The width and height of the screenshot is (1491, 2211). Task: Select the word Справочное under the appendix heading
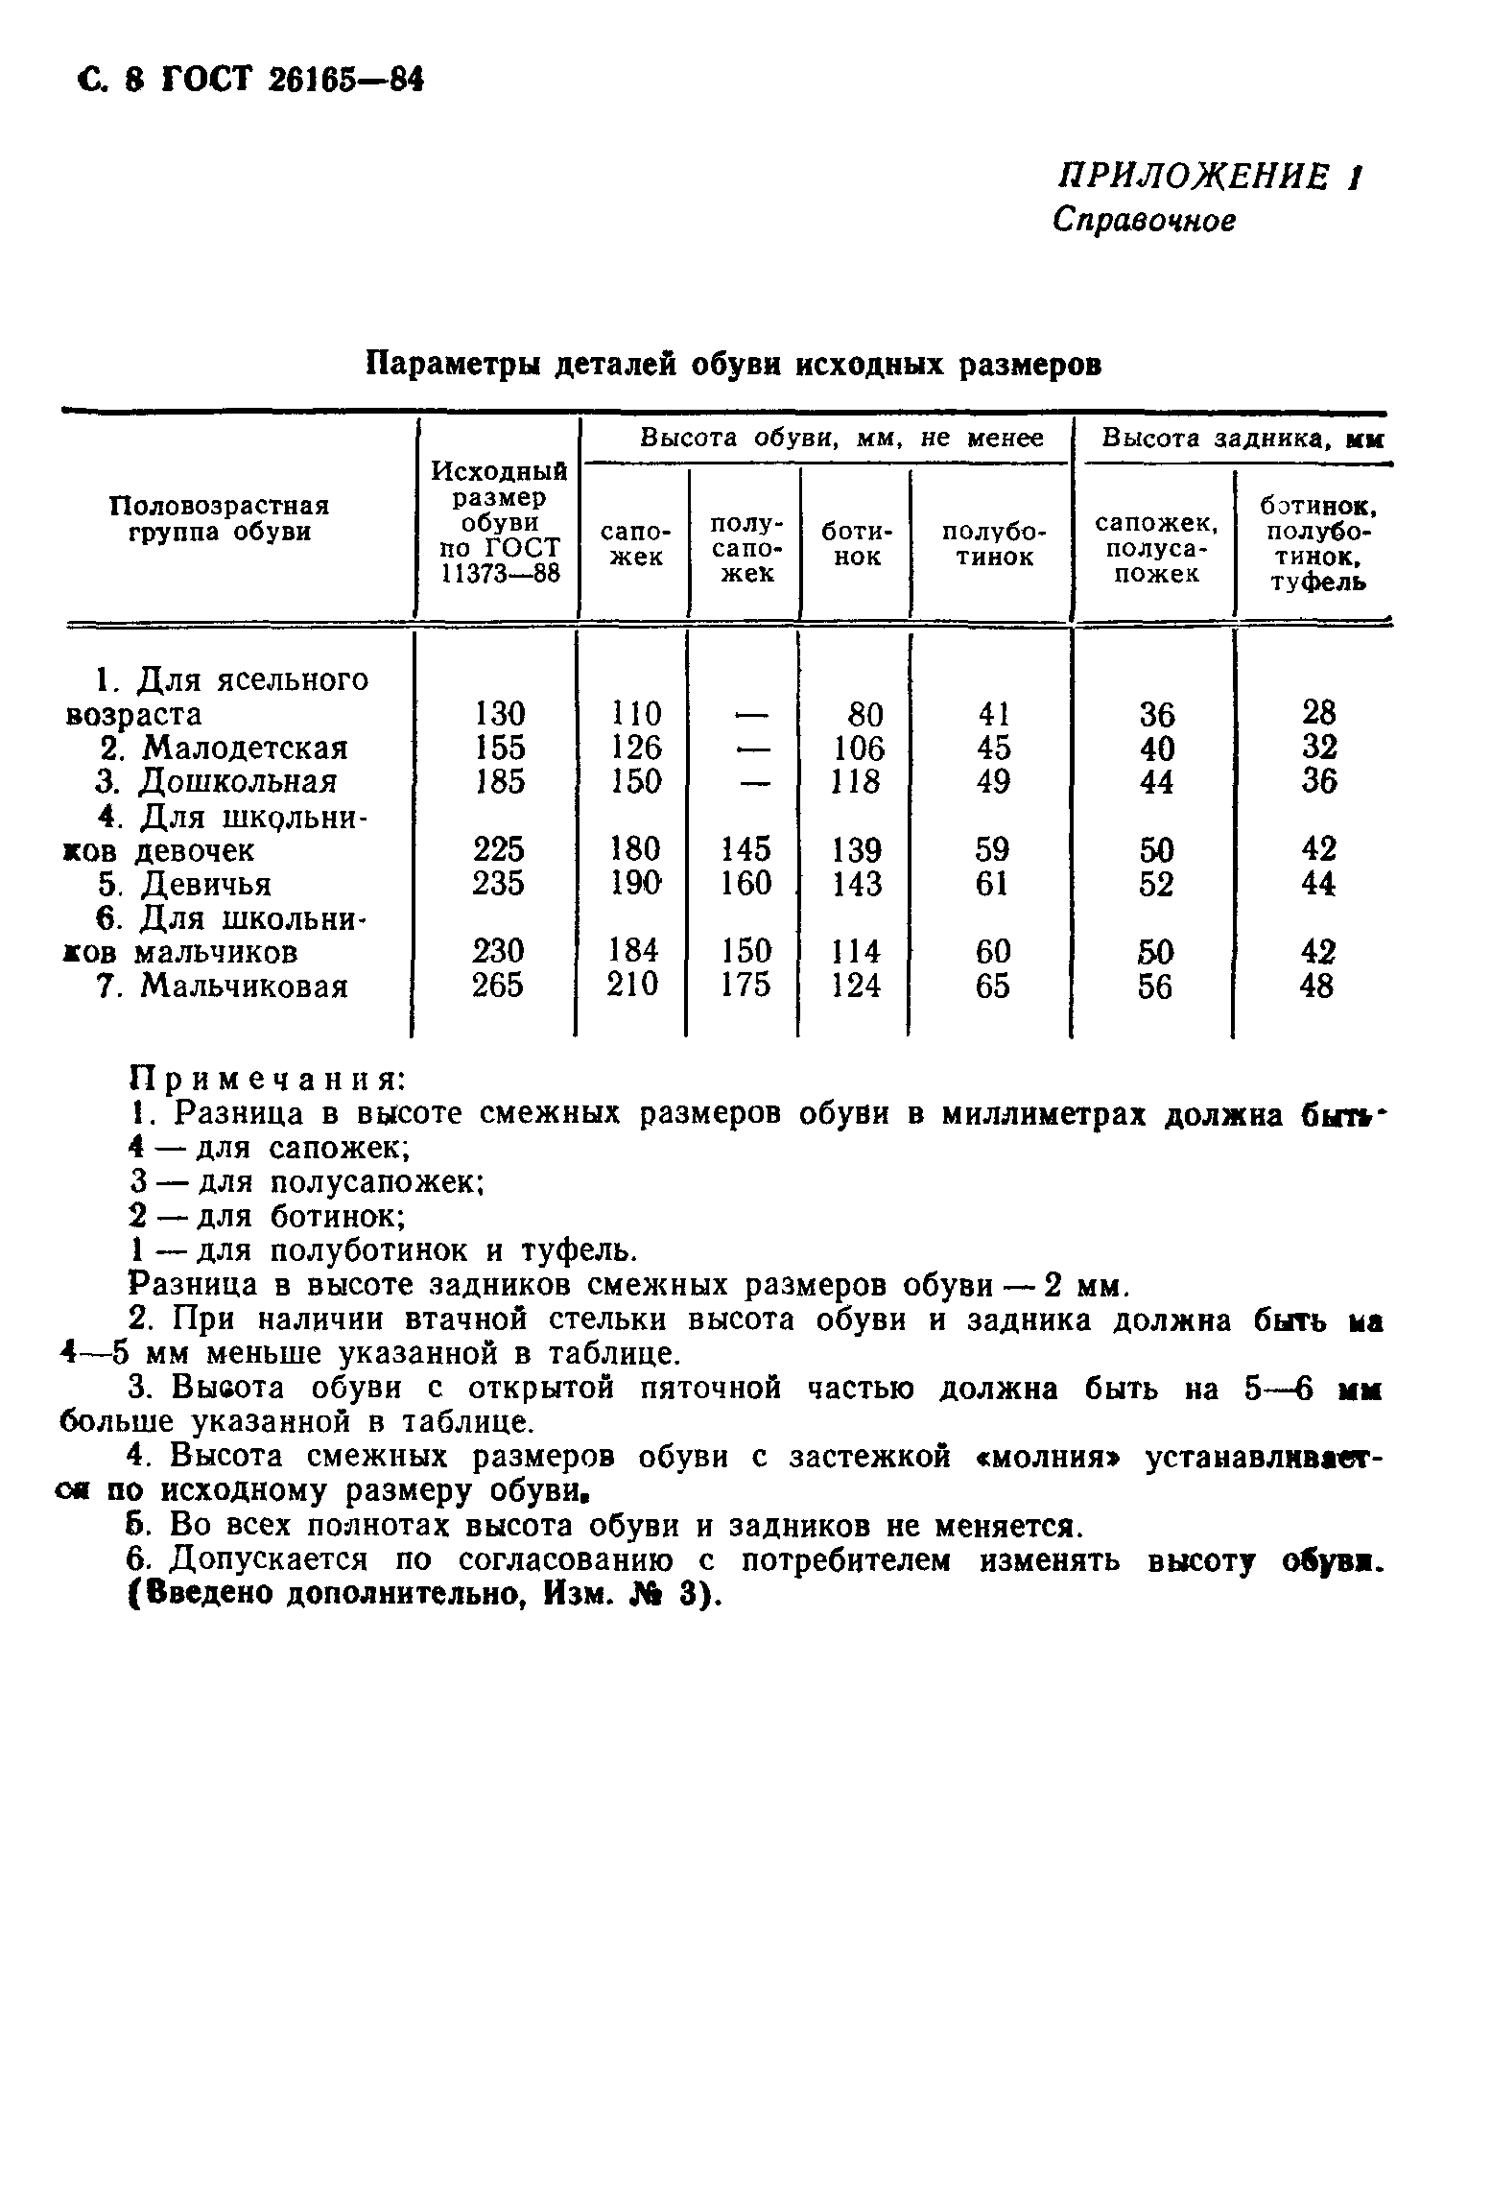[x=1144, y=222]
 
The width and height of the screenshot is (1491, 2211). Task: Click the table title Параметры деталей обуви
[x=735, y=365]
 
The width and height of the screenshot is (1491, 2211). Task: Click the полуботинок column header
[x=993, y=544]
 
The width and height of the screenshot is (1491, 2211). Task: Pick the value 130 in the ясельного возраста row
[x=500, y=714]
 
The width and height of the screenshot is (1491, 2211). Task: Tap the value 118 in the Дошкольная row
[x=857, y=781]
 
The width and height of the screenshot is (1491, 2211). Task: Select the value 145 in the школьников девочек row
[x=745, y=849]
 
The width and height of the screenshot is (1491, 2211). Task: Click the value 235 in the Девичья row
[x=499, y=883]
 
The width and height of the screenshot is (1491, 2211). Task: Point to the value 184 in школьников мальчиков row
[x=636, y=951]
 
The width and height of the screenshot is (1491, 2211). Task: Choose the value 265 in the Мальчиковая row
[x=499, y=986]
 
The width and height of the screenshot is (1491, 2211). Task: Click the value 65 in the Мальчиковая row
[x=992, y=986]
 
